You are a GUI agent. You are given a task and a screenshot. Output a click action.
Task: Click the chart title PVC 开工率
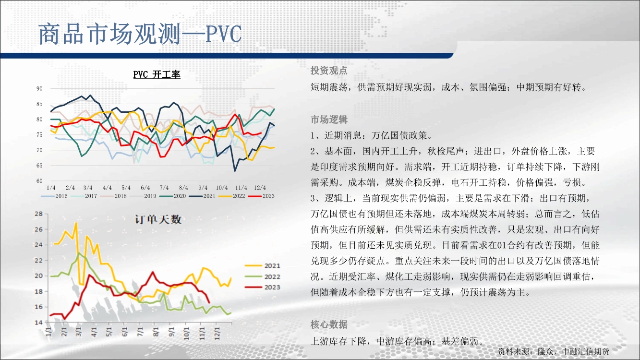coord(157,74)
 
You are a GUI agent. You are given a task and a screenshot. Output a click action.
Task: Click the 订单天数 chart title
coord(158,219)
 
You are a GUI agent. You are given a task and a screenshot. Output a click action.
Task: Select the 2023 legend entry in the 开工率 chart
coord(262,196)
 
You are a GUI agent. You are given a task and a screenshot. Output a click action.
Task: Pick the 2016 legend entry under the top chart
coord(54,196)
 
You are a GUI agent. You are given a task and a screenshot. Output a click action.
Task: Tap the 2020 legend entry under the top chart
coord(172,196)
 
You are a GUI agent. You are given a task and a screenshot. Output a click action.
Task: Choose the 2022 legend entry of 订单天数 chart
coord(263,276)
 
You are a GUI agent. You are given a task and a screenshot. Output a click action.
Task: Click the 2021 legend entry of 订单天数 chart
coord(263,266)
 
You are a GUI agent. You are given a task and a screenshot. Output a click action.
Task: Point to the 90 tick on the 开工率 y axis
coord(39,89)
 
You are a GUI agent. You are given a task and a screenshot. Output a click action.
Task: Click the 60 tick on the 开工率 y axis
coord(39,181)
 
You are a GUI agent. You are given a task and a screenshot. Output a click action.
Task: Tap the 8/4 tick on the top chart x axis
coord(183,188)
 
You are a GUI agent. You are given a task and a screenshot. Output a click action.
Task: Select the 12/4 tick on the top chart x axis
coord(260,188)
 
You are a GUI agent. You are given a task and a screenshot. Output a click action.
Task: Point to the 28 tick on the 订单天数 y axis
coord(38,214)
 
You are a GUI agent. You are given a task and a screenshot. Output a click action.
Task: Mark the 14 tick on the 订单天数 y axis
coord(38,323)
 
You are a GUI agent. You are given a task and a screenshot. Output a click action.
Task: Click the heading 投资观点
coord(329,71)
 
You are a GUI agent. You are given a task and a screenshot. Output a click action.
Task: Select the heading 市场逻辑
coord(329,120)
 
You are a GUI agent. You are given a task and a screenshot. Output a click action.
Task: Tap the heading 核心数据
coord(329,324)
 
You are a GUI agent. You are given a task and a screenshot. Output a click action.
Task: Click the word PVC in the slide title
coord(224,34)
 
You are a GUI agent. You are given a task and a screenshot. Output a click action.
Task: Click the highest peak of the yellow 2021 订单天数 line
coord(76,223)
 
